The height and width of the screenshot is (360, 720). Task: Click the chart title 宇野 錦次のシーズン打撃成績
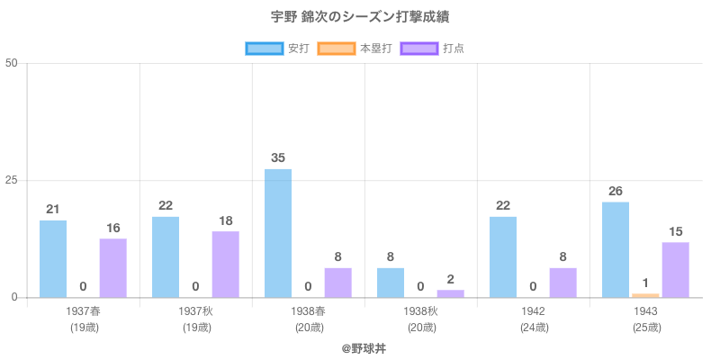point(360,17)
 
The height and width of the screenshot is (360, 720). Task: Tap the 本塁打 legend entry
point(355,48)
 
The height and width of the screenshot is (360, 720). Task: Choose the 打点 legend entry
point(432,48)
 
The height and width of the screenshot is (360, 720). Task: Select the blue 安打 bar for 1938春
point(278,233)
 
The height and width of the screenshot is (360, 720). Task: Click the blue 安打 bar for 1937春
point(53,258)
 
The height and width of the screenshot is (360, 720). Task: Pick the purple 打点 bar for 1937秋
point(226,264)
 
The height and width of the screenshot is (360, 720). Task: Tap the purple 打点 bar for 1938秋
point(451,293)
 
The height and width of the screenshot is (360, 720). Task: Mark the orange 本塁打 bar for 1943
point(645,295)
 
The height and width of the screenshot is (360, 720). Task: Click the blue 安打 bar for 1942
point(503,256)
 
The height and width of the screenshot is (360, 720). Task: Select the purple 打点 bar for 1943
point(676,269)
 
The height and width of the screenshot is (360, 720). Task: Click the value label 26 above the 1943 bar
point(616,191)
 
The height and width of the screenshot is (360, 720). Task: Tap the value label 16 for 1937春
point(113,228)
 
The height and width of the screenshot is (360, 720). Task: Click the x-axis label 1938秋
point(421,311)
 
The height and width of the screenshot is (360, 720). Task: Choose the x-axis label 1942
point(534,311)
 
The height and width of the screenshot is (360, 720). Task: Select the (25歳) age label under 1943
point(646,328)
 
